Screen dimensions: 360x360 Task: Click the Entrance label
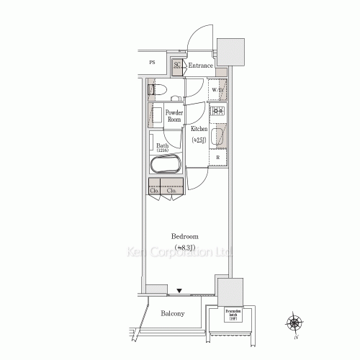201,66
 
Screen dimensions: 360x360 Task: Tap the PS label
152,63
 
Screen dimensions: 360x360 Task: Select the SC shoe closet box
177,66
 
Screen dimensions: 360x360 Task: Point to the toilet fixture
158,90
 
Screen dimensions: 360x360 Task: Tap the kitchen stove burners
217,111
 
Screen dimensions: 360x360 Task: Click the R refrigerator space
217,156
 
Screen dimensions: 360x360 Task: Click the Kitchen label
199,129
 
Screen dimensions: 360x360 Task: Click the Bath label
163,145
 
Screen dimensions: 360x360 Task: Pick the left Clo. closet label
155,191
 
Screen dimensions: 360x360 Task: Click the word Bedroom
185,236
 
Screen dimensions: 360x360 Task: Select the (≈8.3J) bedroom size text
185,247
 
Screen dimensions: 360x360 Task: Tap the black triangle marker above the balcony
181,291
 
